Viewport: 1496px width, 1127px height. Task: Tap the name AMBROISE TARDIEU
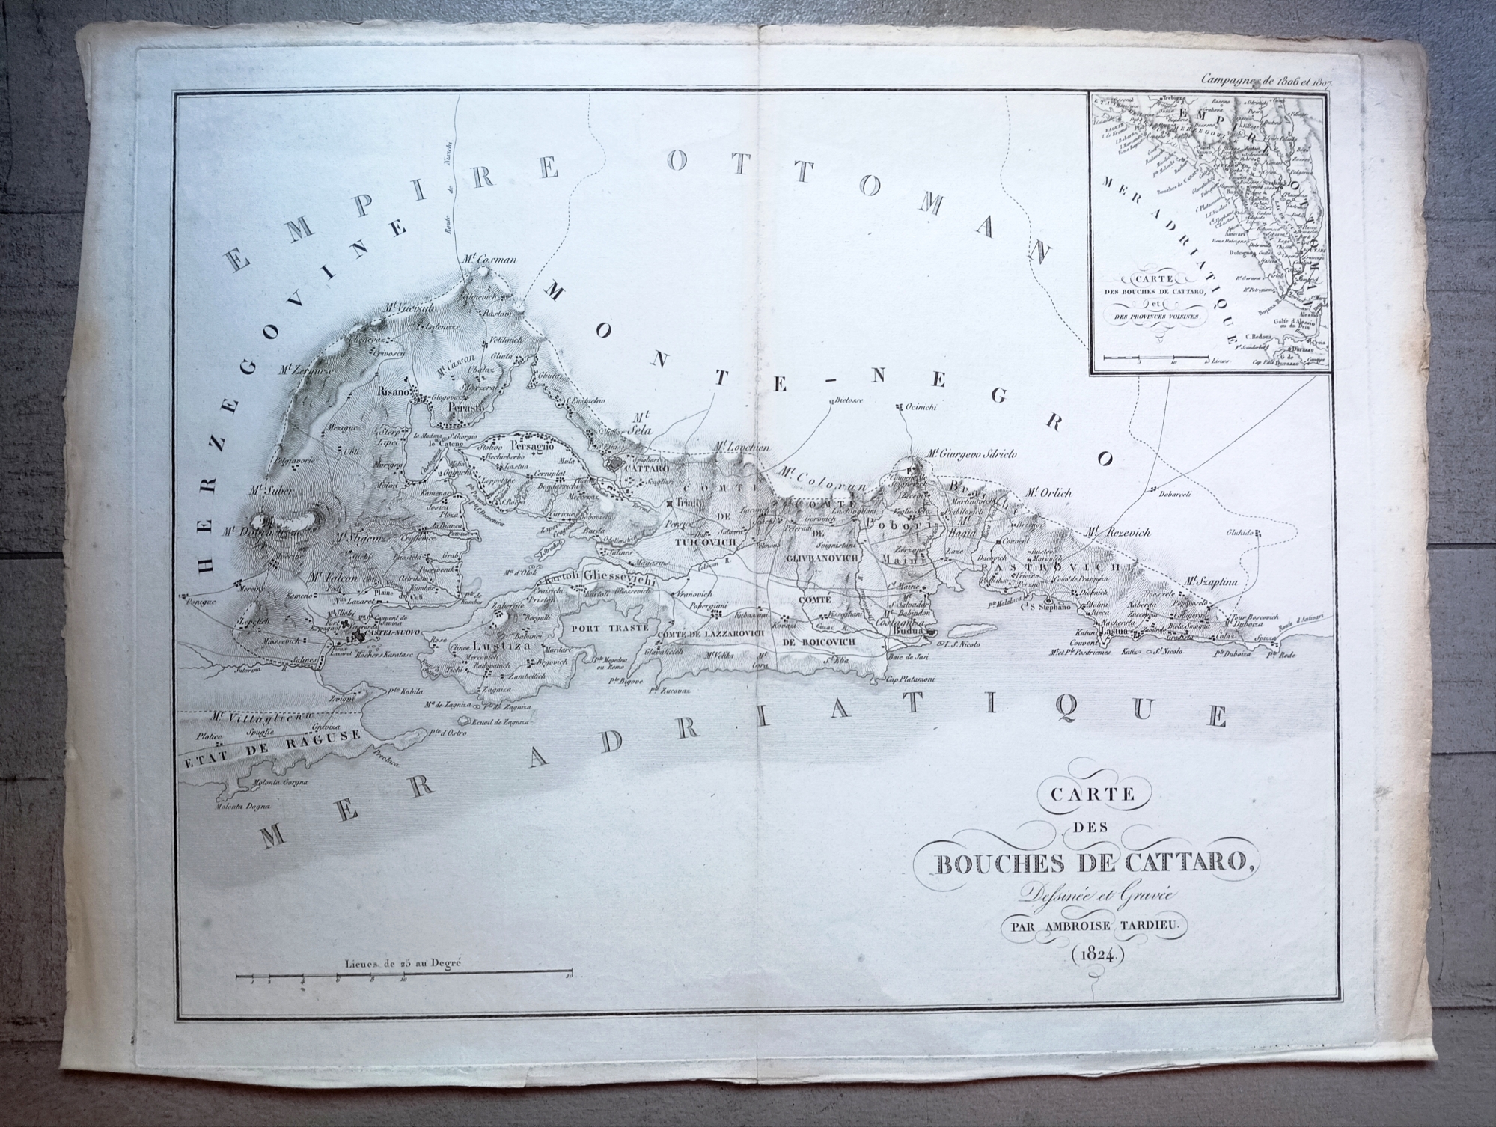pyautogui.click(x=1093, y=924)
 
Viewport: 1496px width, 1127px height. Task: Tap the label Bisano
pyautogui.click(x=394, y=391)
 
